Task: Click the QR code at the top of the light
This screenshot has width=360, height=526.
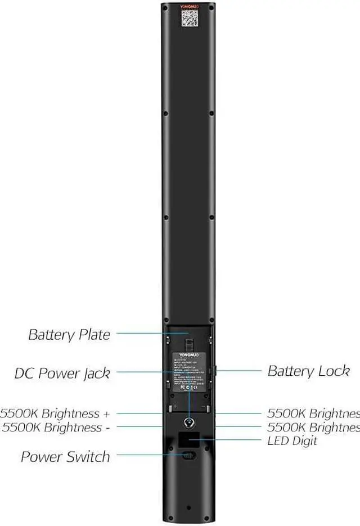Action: point(189,19)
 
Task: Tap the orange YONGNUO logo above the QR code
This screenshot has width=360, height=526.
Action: point(188,7)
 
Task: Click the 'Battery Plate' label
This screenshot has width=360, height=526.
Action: point(69,335)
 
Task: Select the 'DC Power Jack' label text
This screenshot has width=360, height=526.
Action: point(62,373)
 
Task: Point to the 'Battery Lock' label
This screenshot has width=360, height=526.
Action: point(308,371)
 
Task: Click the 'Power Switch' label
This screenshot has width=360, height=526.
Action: point(65,457)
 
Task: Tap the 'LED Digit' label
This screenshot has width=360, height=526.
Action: point(292,440)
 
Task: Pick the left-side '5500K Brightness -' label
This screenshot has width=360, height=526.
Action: point(56,427)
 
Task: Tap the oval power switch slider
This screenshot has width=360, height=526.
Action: point(189,455)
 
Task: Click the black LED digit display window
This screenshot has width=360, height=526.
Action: point(189,438)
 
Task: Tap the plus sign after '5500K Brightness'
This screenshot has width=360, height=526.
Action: point(106,414)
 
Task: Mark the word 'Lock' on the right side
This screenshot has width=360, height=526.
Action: point(336,371)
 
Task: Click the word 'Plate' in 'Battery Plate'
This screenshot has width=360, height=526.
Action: point(94,335)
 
